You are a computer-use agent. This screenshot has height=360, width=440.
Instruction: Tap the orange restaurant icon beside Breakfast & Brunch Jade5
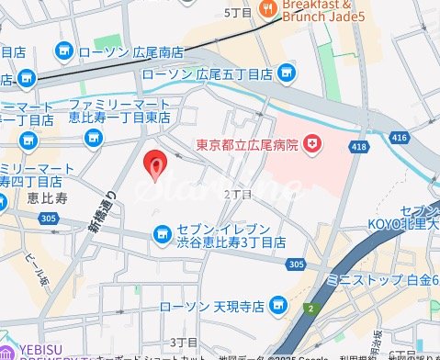tap(268, 10)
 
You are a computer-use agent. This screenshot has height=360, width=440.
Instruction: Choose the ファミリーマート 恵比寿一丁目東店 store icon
tap(93, 138)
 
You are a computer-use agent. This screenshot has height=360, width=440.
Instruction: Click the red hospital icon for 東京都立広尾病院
tap(313, 143)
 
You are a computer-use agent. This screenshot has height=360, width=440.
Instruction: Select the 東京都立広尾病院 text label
tap(248, 144)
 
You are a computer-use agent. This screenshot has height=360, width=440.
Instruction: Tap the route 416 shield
tap(399, 137)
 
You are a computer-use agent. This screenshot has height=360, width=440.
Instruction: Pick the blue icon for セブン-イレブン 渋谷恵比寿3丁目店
tap(162, 234)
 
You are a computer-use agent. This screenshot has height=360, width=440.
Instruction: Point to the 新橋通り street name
tap(100, 210)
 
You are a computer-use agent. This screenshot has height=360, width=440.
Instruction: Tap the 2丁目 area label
tap(237, 195)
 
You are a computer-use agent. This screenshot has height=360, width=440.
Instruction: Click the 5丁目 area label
tap(238, 12)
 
